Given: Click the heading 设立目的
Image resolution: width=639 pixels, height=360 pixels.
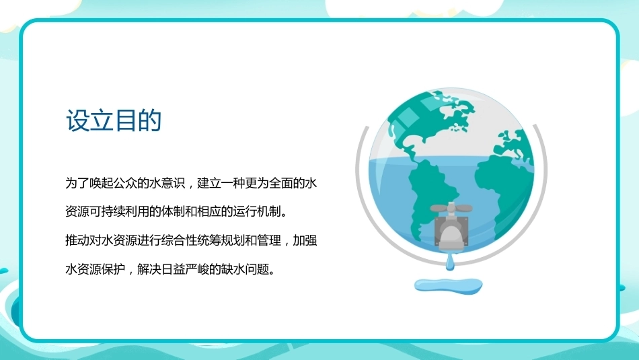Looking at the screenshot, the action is pos(114,120).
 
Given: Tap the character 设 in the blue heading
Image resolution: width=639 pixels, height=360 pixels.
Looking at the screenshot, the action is pos(78,120).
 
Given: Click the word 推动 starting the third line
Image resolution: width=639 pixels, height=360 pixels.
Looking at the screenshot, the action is pos(77,240).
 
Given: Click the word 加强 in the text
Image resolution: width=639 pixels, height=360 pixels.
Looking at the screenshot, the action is pos(305,240).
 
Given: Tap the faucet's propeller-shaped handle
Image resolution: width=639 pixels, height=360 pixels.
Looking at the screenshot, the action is pos(451,207).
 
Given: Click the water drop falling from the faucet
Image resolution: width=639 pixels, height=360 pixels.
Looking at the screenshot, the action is pos(450,261).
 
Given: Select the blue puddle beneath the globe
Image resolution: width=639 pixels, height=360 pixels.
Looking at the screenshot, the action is pos(448,285).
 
